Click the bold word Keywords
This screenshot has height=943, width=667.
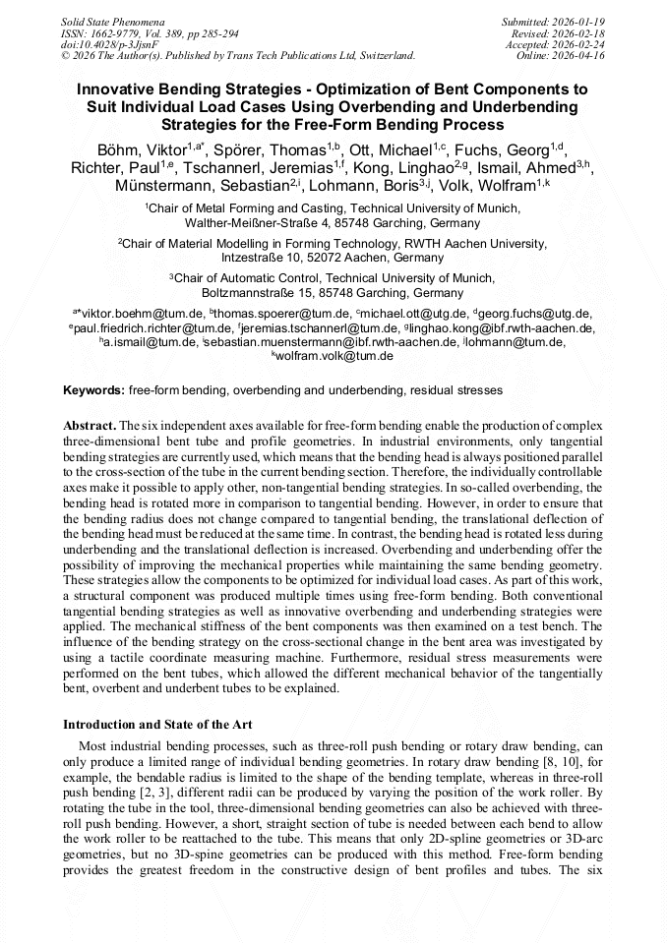pos(93,390)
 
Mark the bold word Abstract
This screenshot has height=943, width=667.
pos(89,425)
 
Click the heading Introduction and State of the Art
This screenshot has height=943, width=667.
pos(157,725)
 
